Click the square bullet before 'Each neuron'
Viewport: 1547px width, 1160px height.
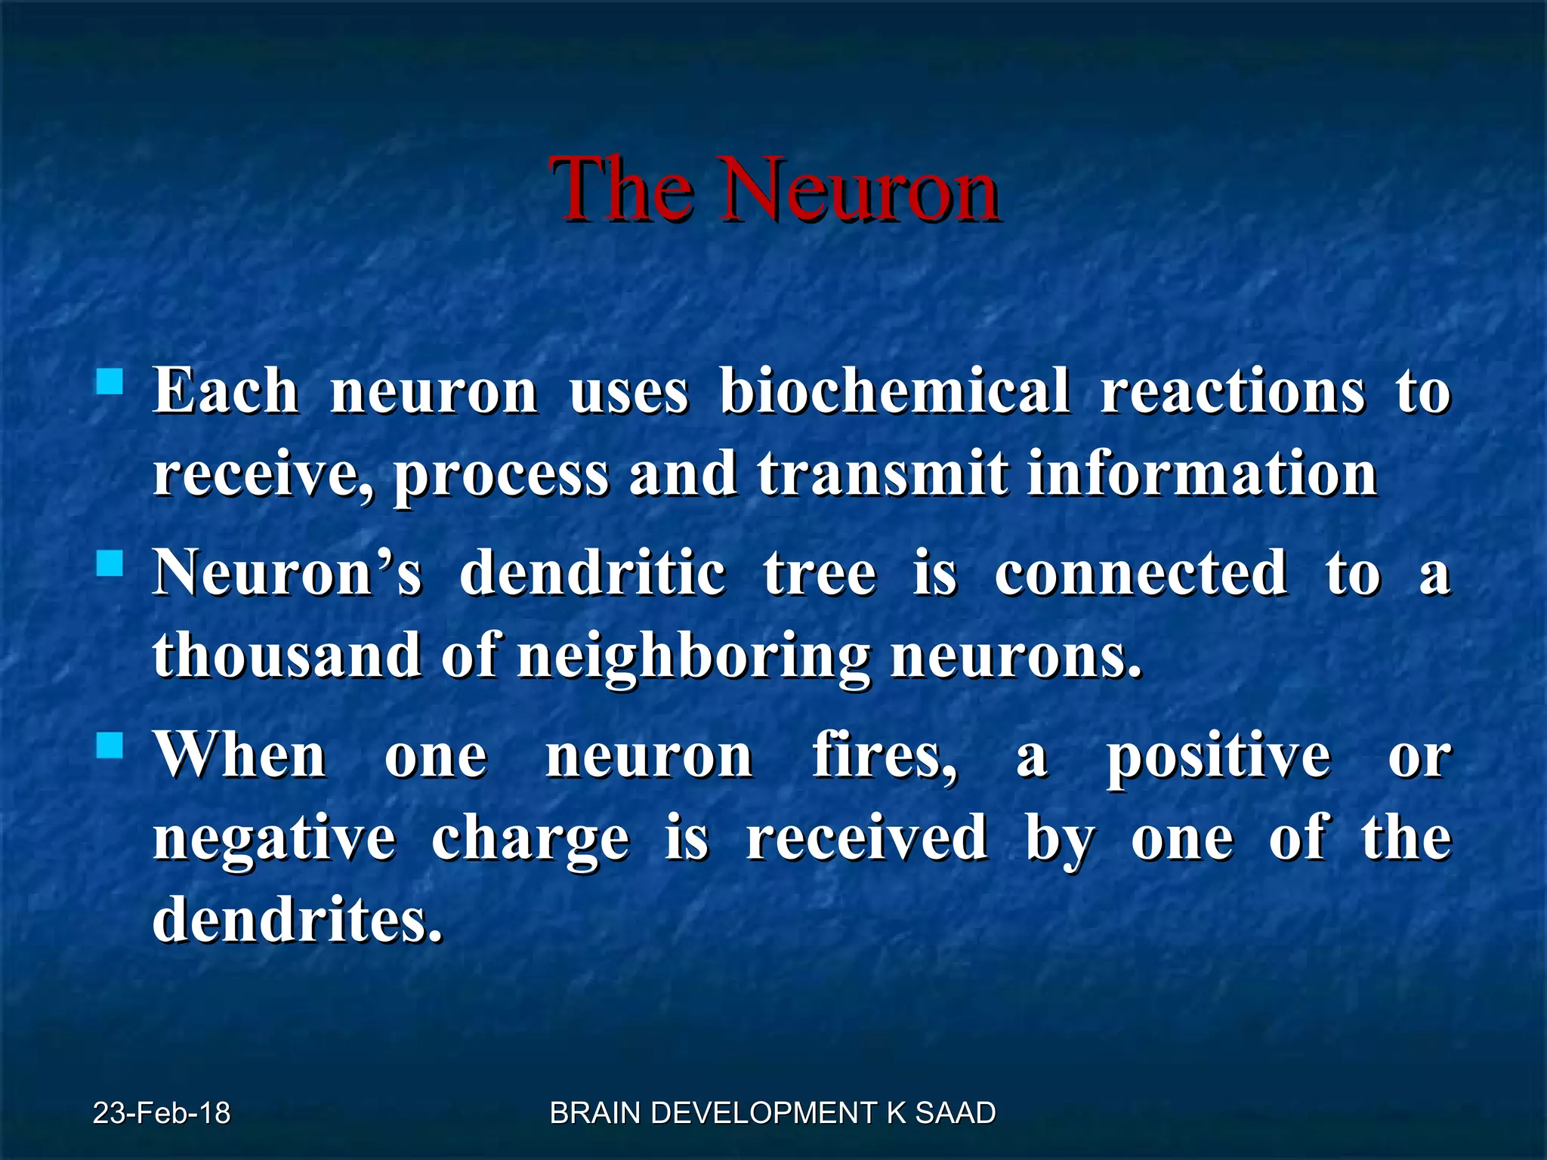(110, 381)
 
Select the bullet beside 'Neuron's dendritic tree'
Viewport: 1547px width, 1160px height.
(110, 563)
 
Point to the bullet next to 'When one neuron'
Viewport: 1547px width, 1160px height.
(110, 746)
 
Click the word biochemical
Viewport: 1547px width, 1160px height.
(894, 391)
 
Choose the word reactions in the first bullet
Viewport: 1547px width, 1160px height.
(1232, 391)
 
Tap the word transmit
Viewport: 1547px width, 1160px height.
(882, 474)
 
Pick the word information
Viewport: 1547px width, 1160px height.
(1202, 474)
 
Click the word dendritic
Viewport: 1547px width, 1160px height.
(593, 573)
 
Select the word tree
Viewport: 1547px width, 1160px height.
(820, 573)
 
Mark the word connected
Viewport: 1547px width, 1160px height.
(1141, 573)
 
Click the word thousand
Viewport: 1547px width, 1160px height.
(287, 655)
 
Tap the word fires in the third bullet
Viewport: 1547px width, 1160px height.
(884, 756)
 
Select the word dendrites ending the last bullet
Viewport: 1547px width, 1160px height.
(297, 920)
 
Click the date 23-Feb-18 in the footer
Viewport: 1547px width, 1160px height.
(162, 1113)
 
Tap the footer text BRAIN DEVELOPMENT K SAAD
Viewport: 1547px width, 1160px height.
(773, 1113)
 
